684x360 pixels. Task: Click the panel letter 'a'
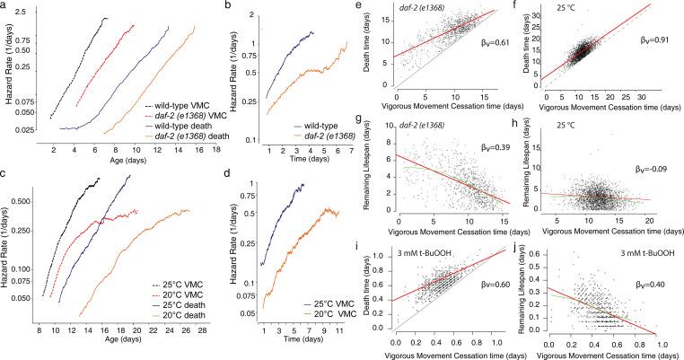(x=5, y=6)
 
